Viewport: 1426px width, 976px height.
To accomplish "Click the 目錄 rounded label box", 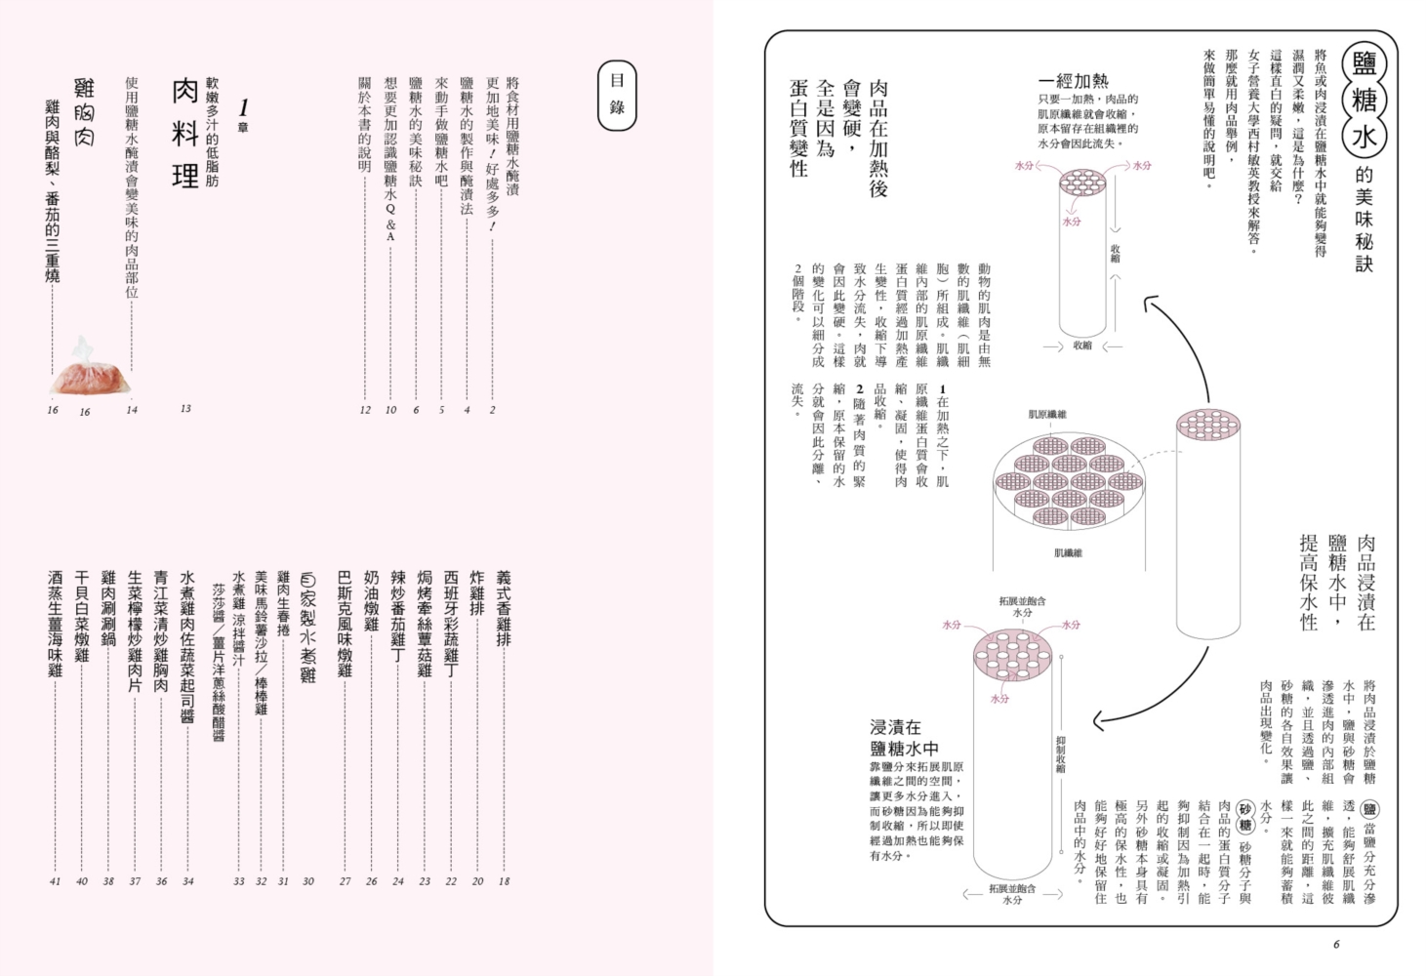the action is [617, 96].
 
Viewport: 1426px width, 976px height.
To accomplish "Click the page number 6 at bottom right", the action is [1336, 944].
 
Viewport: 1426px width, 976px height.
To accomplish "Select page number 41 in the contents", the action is [55, 881].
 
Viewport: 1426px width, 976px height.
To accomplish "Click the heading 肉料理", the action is [185, 134].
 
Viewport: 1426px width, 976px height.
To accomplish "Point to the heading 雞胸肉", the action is [85, 112].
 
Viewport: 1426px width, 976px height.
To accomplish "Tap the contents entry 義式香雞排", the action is [504, 609].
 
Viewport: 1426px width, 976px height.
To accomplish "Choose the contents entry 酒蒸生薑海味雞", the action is [56, 624].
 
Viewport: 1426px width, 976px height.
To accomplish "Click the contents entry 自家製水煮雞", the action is [308, 628].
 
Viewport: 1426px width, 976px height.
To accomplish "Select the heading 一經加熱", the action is [1074, 81].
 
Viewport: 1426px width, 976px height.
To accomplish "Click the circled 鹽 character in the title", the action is [1364, 63].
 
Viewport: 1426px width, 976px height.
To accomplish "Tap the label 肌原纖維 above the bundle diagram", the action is [1048, 415].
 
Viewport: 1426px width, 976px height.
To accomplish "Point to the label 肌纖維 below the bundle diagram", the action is [1068, 553].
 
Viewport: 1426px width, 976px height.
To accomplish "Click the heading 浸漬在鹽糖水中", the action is [904, 738].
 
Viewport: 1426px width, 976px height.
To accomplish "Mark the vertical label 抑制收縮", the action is [1061, 754].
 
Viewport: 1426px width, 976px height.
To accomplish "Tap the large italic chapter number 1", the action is [243, 107].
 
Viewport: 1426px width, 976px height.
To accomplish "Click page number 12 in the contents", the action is [365, 410].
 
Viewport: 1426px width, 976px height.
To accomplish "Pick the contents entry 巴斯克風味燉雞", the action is [345, 624].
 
